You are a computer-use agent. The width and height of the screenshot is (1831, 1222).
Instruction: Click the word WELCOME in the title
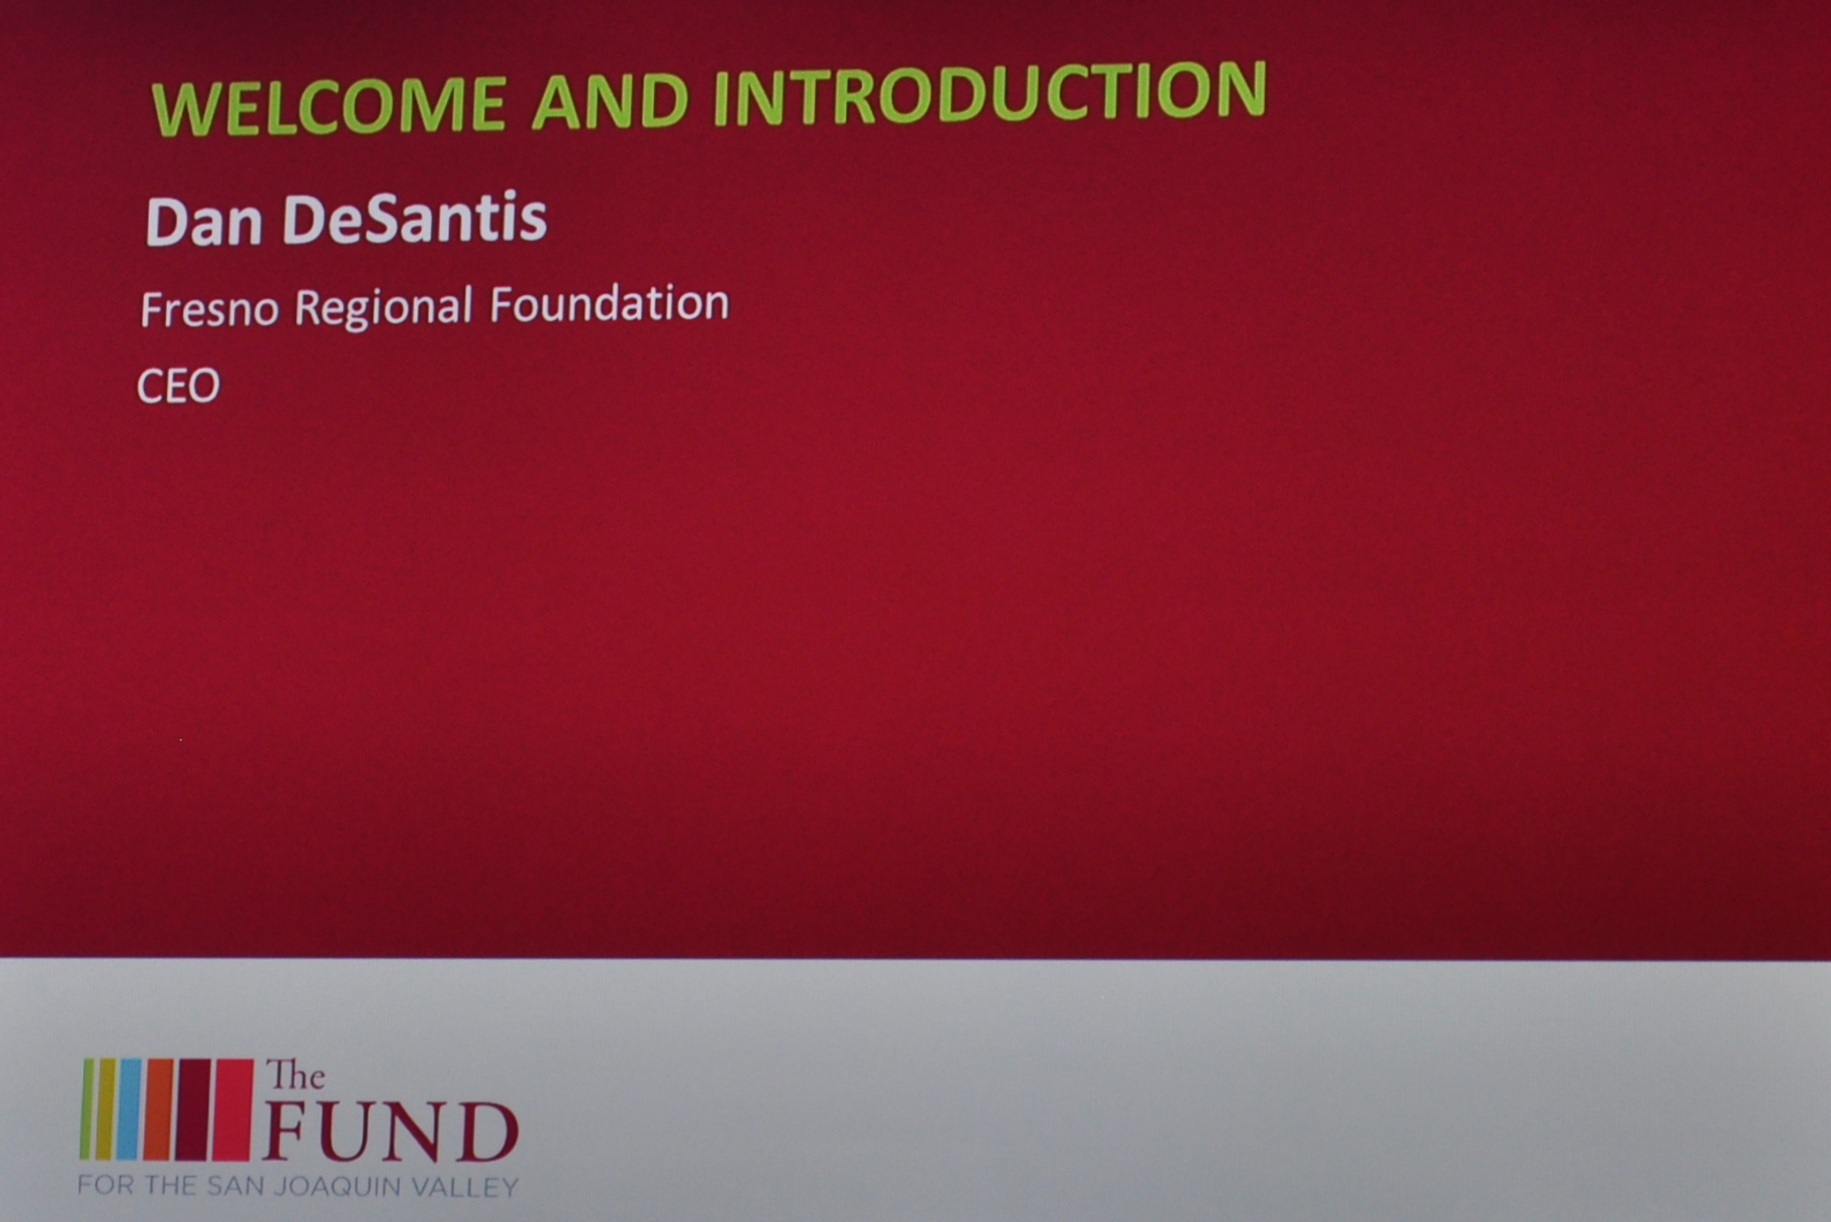click(x=329, y=103)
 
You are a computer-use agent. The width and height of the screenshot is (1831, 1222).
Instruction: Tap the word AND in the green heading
click(x=610, y=98)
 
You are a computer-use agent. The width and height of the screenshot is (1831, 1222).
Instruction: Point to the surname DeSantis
click(x=414, y=218)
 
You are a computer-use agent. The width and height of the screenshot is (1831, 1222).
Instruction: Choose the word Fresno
click(x=209, y=310)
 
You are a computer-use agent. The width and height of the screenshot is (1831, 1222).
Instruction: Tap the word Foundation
click(x=609, y=303)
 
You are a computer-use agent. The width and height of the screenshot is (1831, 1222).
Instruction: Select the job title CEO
click(x=178, y=386)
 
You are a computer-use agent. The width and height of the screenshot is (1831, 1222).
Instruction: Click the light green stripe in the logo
click(x=87, y=1109)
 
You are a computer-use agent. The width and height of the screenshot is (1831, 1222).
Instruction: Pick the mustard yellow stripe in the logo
click(x=105, y=1109)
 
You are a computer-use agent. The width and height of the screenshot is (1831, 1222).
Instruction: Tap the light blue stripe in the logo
click(x=129, y=1109)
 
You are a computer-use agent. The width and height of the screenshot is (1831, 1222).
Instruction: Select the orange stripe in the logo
click(x=159, y=1109)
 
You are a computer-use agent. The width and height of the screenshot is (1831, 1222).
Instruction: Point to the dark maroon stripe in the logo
click(x=193, y=1109)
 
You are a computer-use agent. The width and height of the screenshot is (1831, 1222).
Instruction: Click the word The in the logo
click(x=296, y=1075)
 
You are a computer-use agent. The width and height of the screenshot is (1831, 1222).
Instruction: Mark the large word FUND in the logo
click(x=390, y=1131)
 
